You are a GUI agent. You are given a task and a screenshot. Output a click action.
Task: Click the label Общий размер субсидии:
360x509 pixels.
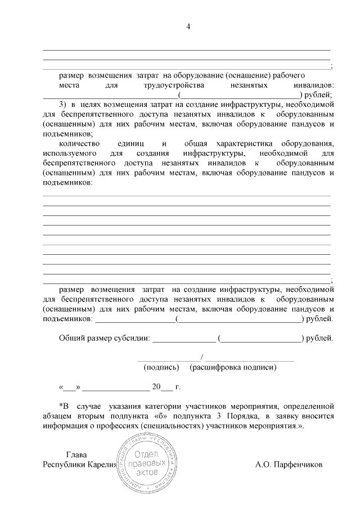pyautogui.click(x=105, y=339)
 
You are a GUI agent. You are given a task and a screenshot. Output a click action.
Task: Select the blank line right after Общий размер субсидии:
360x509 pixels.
pyautogui.click(x=184, y=340)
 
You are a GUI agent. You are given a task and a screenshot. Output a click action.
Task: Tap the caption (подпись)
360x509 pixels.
pyautogui.click(x=161, y=367)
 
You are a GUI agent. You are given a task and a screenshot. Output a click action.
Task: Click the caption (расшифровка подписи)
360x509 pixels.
pyautogui.click(x=233, y=367)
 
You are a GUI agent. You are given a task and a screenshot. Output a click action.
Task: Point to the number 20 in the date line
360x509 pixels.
pyautogui.click(x=156, y=387)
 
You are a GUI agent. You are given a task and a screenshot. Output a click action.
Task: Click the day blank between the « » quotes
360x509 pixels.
pyautogui.click(x=70, y=388)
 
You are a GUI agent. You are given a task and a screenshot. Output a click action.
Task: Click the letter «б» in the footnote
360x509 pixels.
pyautogui.click(x=166, y=416)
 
